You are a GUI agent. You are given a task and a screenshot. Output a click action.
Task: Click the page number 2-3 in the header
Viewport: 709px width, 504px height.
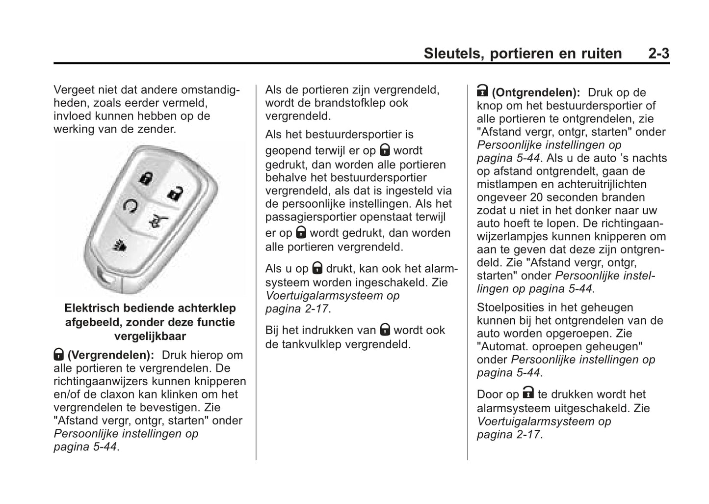[658, 53]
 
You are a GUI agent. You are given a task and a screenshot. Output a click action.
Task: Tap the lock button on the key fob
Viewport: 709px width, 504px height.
[145, 178]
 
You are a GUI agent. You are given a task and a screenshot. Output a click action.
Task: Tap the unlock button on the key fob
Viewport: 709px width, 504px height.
[174, 193]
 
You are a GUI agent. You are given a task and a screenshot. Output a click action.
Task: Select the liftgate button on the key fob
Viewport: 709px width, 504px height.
[158, 221]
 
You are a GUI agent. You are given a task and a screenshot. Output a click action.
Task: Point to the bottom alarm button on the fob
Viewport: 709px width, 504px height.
[120, 245]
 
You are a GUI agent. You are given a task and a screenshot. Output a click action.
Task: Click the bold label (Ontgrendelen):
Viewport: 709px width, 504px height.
[536, 92]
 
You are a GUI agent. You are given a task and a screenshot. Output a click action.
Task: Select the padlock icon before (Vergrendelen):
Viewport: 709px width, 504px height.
[58, 354]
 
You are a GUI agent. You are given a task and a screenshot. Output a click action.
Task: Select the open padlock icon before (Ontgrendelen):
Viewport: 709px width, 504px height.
[482, 91]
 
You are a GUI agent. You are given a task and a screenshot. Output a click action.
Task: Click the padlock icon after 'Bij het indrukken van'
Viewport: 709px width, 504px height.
[385, 329]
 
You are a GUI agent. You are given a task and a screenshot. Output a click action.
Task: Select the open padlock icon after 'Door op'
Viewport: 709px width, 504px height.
[528, 393]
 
